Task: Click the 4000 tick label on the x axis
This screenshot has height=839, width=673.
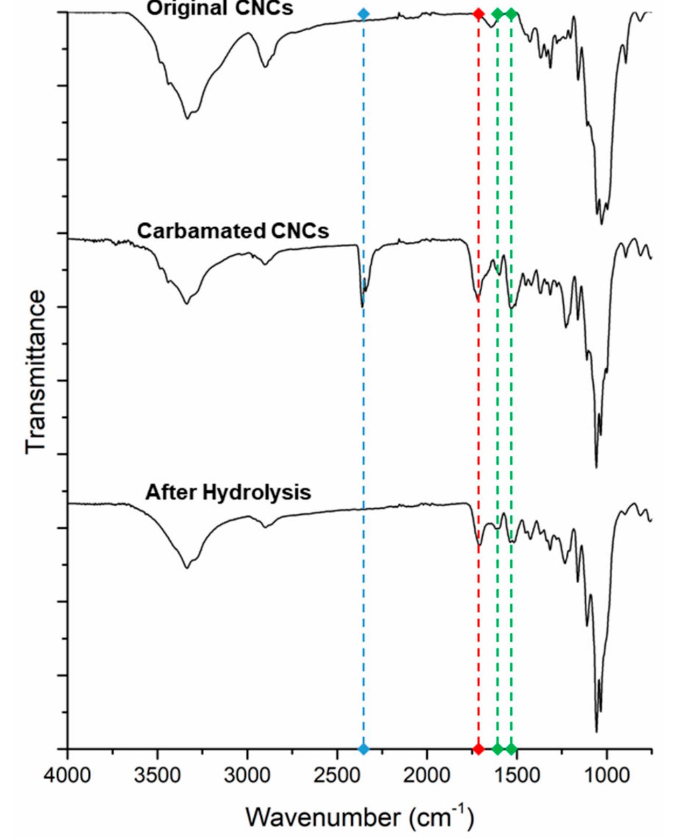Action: coord(67,776)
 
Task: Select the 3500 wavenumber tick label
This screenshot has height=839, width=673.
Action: coord(157,776)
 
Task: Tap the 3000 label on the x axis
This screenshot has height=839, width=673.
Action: coord(247,776)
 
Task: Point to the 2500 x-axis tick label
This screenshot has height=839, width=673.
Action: coord(337,776)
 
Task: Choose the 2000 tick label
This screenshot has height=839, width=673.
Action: coord(427,776)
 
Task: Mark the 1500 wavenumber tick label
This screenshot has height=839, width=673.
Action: coord(517,776)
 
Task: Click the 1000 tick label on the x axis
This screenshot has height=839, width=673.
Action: coord(607,776)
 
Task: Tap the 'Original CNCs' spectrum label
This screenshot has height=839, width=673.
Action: coord(220,8)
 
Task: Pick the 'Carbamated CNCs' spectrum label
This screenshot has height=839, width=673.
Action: coord(233,231)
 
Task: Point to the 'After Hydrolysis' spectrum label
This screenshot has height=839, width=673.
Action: coord(228,492)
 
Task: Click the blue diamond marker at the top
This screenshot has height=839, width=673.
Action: coord(364,14)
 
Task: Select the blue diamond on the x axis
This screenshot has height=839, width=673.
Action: coord(364,749)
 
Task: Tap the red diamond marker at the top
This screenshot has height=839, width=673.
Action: coord(478,14)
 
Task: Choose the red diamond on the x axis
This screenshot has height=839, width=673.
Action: coord(478,749)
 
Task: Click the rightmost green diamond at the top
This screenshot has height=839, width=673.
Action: coord(511,14)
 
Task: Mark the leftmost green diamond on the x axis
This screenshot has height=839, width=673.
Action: coord(497,749)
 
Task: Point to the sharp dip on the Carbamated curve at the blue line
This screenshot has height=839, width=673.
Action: coord(362,306)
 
